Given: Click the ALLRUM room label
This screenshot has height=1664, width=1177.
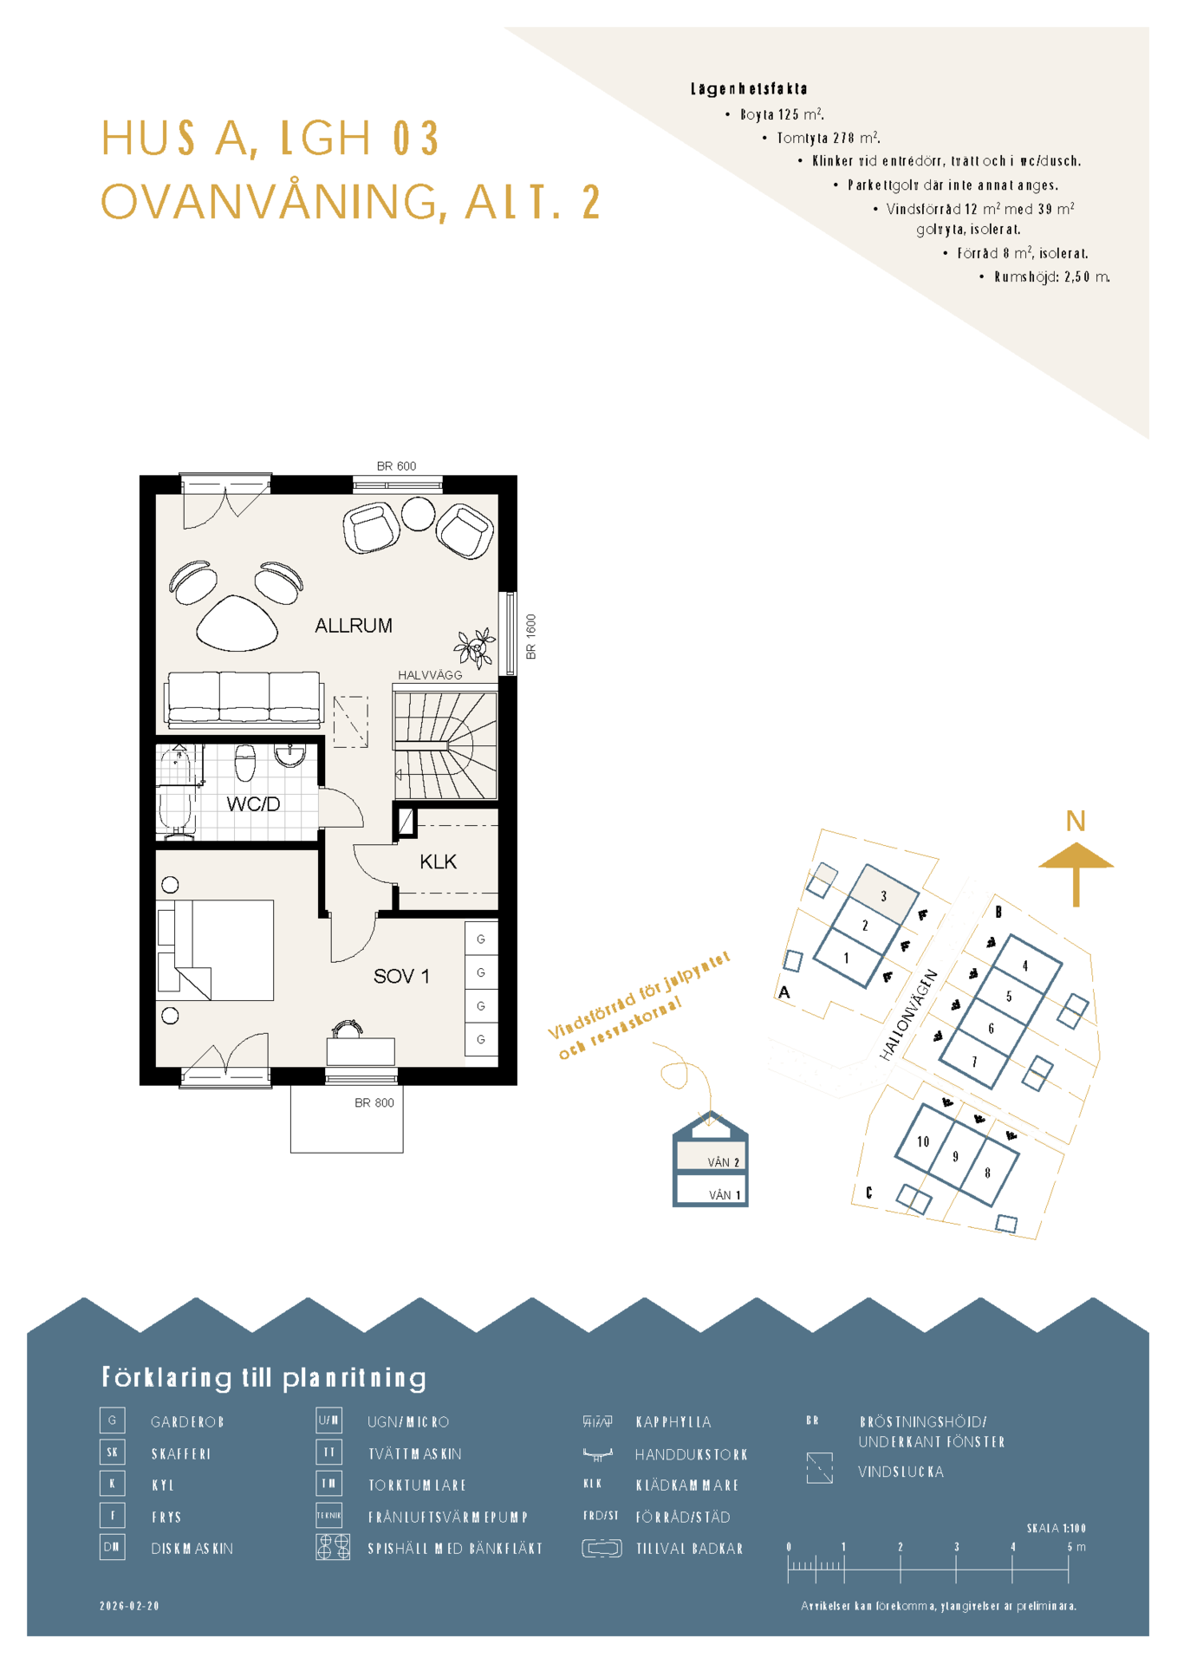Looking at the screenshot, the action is (x=353, y=626).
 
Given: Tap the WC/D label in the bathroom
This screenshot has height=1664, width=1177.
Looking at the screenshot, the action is (x=253, y=804).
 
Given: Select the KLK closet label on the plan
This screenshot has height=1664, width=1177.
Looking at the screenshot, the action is (x=438, y=861).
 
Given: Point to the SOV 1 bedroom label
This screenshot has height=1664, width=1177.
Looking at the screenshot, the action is (x=401, y=977).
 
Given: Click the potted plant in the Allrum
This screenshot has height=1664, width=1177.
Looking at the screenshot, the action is (x=475, y=647).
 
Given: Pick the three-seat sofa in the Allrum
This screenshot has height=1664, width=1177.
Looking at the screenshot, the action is (x=244, y=699).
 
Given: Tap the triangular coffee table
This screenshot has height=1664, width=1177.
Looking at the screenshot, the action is (x=237, y=622).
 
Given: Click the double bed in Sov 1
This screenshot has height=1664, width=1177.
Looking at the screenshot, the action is (x=216, y=950).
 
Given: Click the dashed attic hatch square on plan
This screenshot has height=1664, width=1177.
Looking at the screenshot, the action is (x=351, y=721).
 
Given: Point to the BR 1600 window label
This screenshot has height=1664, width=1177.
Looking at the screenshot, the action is (x=531, y=637).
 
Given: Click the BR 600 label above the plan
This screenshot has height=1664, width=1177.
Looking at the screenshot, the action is (x=396, y=466).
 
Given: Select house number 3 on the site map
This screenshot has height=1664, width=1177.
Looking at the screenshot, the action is (x=883, y=896).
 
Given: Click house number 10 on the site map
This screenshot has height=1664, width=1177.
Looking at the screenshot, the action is (x=923, y=1141).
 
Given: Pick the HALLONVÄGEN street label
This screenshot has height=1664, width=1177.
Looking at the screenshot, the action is (x=908, y=1015).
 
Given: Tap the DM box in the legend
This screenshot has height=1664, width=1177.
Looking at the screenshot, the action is (x=113, y=1547).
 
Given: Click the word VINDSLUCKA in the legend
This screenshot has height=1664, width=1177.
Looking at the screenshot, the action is (x=901, y=1472).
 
